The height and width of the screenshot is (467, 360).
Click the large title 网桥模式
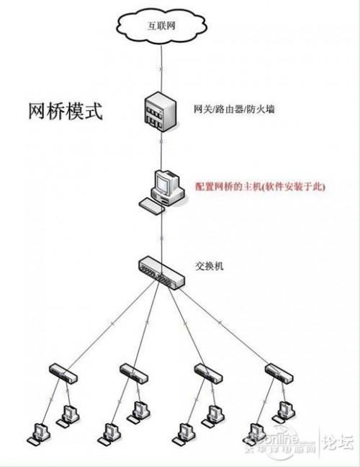point(66,112)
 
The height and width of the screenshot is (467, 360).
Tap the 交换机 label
point(210,266)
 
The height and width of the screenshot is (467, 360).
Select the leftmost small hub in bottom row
point(63,373)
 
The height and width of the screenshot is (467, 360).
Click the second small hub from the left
point(132,373)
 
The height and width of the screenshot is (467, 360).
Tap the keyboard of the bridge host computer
point(153,208)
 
